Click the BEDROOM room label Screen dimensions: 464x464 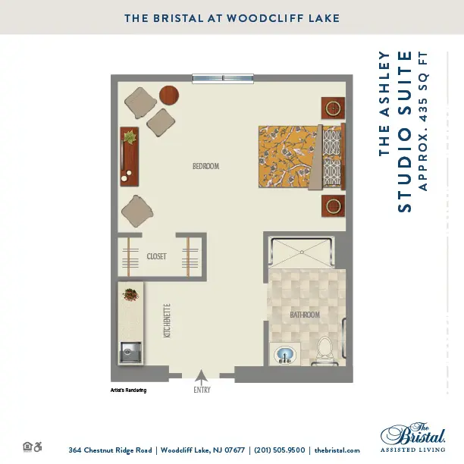click(205, 166)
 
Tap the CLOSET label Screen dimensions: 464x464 click(156, 256)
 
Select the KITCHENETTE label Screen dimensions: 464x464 click(167, 321)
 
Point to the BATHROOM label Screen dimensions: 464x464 click(305, 315)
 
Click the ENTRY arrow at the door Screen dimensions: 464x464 click(202, 378)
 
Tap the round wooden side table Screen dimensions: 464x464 click(169, 95)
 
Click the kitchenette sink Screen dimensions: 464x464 click(130, 352)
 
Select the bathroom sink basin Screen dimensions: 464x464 click(285, 355)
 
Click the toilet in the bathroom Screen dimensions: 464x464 click(325, 351)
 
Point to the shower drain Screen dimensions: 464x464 click(302, 252)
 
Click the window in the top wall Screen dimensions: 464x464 click(223, 78)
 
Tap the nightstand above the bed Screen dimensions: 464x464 click(333, 108)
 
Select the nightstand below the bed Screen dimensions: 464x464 click(333, 205)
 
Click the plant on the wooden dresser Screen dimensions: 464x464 click(130, 137)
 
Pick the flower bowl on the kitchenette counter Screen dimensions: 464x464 click(130, 295)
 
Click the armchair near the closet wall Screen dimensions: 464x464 click(137, 211)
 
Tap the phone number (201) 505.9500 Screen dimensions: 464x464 click(279, 450)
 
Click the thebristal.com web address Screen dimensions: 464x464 click(337, 450)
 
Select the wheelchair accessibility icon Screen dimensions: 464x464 click(38, 447)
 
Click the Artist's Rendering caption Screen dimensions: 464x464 click(128, 390)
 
